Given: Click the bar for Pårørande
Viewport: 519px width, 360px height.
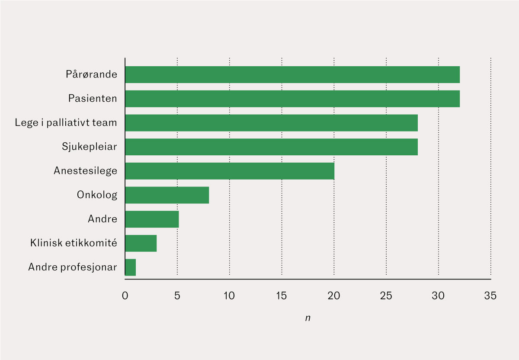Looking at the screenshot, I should coord(292,74).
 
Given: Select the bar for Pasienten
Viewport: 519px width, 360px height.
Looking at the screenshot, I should coord(292,99).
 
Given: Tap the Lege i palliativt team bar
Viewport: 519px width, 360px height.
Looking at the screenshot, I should coord(271,123).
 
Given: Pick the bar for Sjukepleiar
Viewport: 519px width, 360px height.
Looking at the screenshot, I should coord(271,147).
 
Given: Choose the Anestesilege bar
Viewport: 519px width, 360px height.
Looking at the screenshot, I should coord(229,171).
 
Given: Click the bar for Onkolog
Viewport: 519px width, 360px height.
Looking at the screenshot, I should coord(167,195).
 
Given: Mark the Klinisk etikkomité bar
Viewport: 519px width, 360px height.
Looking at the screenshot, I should coord(141,243).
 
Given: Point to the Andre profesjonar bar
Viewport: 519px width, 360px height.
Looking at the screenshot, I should coord(130,267).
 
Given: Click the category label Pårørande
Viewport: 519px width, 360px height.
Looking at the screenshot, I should coord(91,74).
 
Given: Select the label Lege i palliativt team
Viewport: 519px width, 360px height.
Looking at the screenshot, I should coord(66,123).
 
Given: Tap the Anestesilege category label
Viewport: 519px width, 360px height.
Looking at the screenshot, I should coord(85,171).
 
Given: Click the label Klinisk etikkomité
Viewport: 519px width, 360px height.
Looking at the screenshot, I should coord(74,243).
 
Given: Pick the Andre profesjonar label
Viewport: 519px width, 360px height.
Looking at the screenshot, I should coord(72,267).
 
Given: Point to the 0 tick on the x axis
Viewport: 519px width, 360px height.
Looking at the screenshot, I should coord(125,296).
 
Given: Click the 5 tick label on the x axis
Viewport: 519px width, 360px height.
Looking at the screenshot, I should coord(177,296).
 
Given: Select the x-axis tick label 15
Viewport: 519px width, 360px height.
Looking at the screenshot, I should coord(282,296).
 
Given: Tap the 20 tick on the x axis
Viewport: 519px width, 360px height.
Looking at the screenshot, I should coord(334,296).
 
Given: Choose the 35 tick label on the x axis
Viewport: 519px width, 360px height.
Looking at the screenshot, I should coord(490,296).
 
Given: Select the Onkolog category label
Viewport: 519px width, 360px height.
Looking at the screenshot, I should coord(97,195).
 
